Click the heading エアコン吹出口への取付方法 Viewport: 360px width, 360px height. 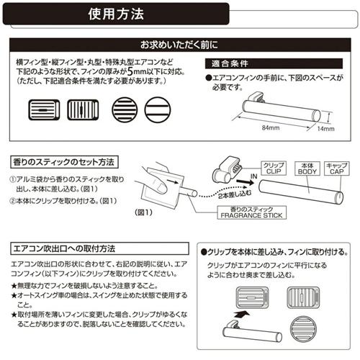tap(65, 248)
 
